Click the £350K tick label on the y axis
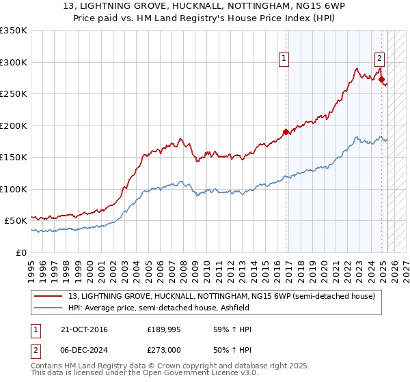click(x=14, y=31)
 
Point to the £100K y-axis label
click(x=14, y=189)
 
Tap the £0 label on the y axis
click(x=20, y=252)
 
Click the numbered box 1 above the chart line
click(x=284, y=59)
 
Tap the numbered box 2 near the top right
click(x=379, y=59)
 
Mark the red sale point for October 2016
click(x=286, y=132)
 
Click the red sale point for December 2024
click(x=381, y=80)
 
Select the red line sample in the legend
click(x=48, y=297)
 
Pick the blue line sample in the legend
click(x=48, y=308)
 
